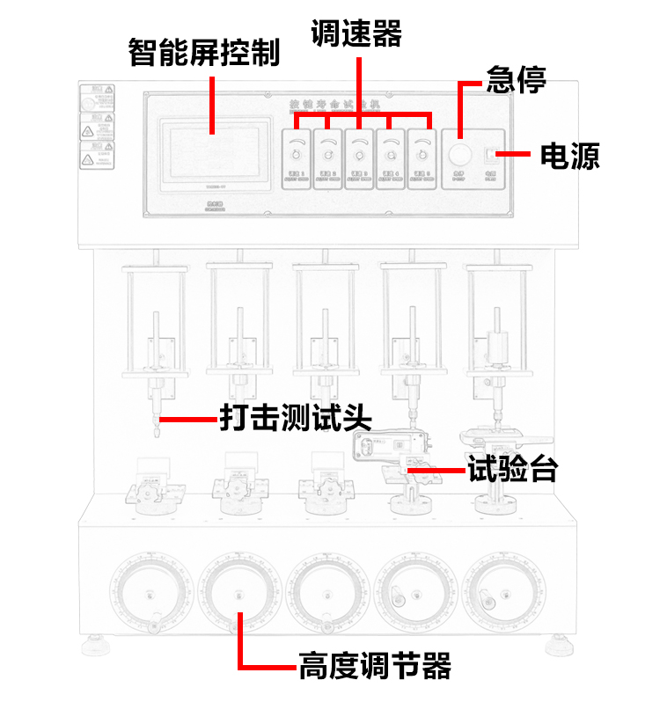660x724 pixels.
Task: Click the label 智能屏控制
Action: (203, 53)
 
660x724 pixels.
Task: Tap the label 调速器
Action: (356, 34)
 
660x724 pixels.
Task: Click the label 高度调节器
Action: (374, 665)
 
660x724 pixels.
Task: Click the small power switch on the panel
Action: (490, 156)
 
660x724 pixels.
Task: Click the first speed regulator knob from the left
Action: (297, 156)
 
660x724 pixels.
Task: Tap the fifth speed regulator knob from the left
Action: (422, 156)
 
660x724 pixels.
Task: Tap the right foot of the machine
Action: (558, 647)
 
